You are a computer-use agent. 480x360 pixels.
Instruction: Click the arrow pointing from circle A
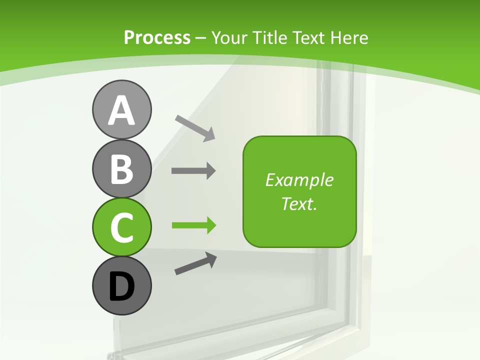click(x=195, y=127)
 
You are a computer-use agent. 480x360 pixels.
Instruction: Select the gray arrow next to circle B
click(x=193, y=171)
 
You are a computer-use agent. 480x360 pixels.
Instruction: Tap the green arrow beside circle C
click(x=193, y=225)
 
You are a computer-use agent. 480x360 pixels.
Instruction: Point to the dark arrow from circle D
click(x=195, y=263)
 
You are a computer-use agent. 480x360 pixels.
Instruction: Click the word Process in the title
click(x=157, y=38)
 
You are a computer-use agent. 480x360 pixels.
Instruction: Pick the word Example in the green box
click(x=299, y=180)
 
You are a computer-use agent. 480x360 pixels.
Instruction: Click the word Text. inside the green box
click(x=299, y=203)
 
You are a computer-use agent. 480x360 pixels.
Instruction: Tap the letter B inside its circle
click(x=121, y=169)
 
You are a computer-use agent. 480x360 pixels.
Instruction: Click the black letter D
click(x=121, y=286)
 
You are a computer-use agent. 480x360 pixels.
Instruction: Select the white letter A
click(x=121, y=110)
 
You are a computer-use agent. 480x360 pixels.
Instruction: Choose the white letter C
click(x=121, y=227)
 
